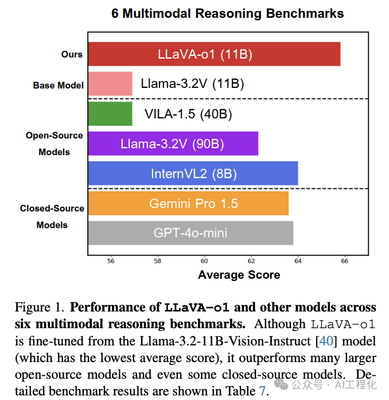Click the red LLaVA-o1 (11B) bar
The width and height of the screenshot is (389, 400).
(x=214, y=54)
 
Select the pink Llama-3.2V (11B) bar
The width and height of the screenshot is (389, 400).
(x=110, y=84)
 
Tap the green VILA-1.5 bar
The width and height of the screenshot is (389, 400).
(x=110, y=114)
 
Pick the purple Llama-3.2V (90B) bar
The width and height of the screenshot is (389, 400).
(x=173, y=144)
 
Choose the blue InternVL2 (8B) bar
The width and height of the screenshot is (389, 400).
(x=193, y=174)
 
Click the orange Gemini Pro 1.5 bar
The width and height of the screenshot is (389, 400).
(x=188, y=203)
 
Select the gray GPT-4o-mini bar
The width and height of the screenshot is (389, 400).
(x=190, y=233)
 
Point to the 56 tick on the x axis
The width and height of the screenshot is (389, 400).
(x=111, y=260)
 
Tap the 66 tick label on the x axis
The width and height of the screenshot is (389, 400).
(x=345, y=260)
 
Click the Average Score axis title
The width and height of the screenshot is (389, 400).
(x=239, y=275)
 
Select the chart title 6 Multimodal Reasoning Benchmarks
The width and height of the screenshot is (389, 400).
(x=228, y=13)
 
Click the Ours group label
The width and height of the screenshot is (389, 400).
(x=72, y=55)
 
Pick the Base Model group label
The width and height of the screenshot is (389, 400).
(x=58, y=86)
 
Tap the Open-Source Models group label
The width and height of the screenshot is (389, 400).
(x=55, y=144)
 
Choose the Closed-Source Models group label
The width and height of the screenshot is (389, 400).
(x=52, y=217)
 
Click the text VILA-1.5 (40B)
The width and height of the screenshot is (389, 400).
(x=188, y=114)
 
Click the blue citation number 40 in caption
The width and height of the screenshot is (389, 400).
(x=325, y=341)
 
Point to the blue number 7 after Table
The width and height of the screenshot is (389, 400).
(x=262, y=391)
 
